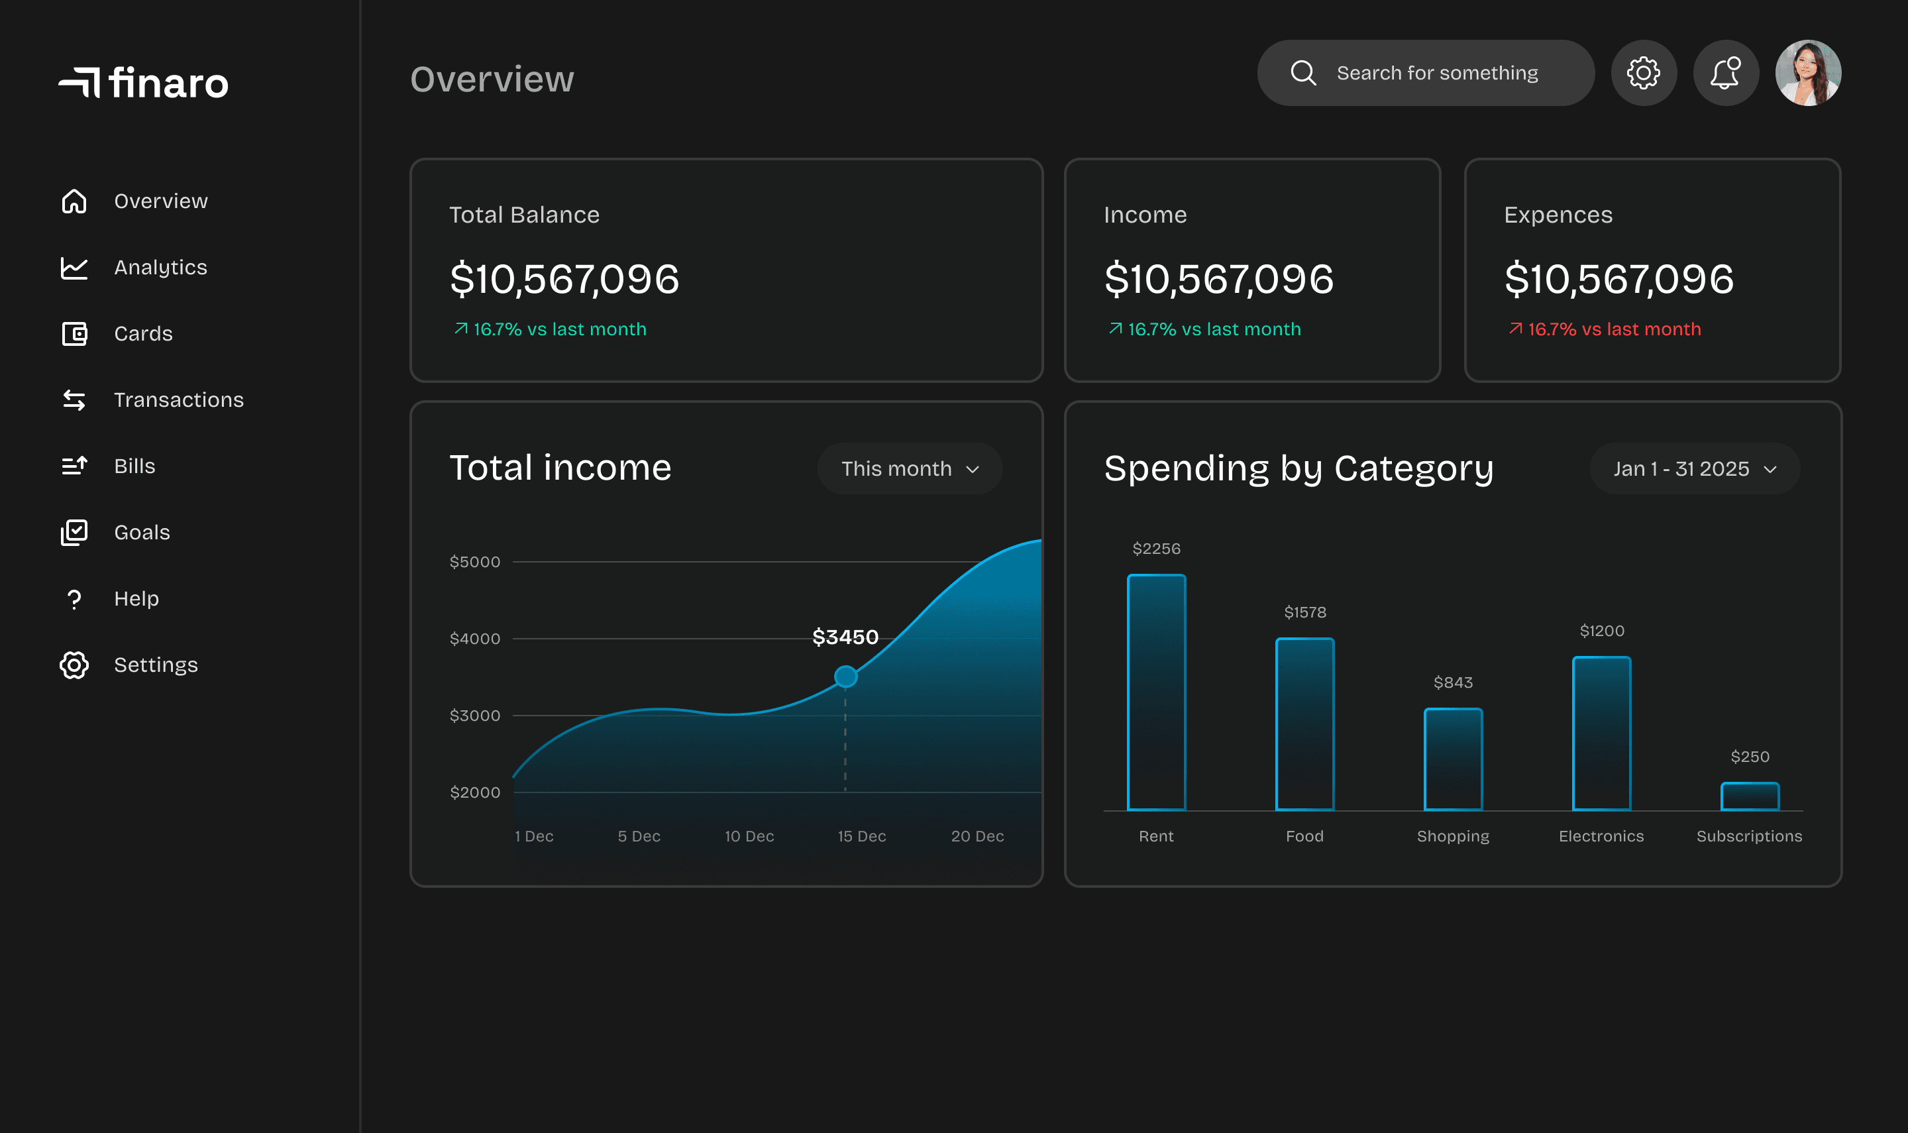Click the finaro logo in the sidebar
[144, 82]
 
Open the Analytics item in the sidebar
[160, 267]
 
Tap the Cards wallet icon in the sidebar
[74, 334]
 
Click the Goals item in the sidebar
[142, 532]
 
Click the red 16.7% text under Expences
[1613, 329]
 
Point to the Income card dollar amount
[1218, 279]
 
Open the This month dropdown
[909, 469]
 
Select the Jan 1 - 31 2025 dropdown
[1693, 469]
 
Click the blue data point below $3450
[845, 676]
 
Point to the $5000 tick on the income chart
[475, 562]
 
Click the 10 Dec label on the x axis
[749, 836]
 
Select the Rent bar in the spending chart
[1156, 692]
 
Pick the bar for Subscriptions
[1749, 796]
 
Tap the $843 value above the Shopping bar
[1452, 682]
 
